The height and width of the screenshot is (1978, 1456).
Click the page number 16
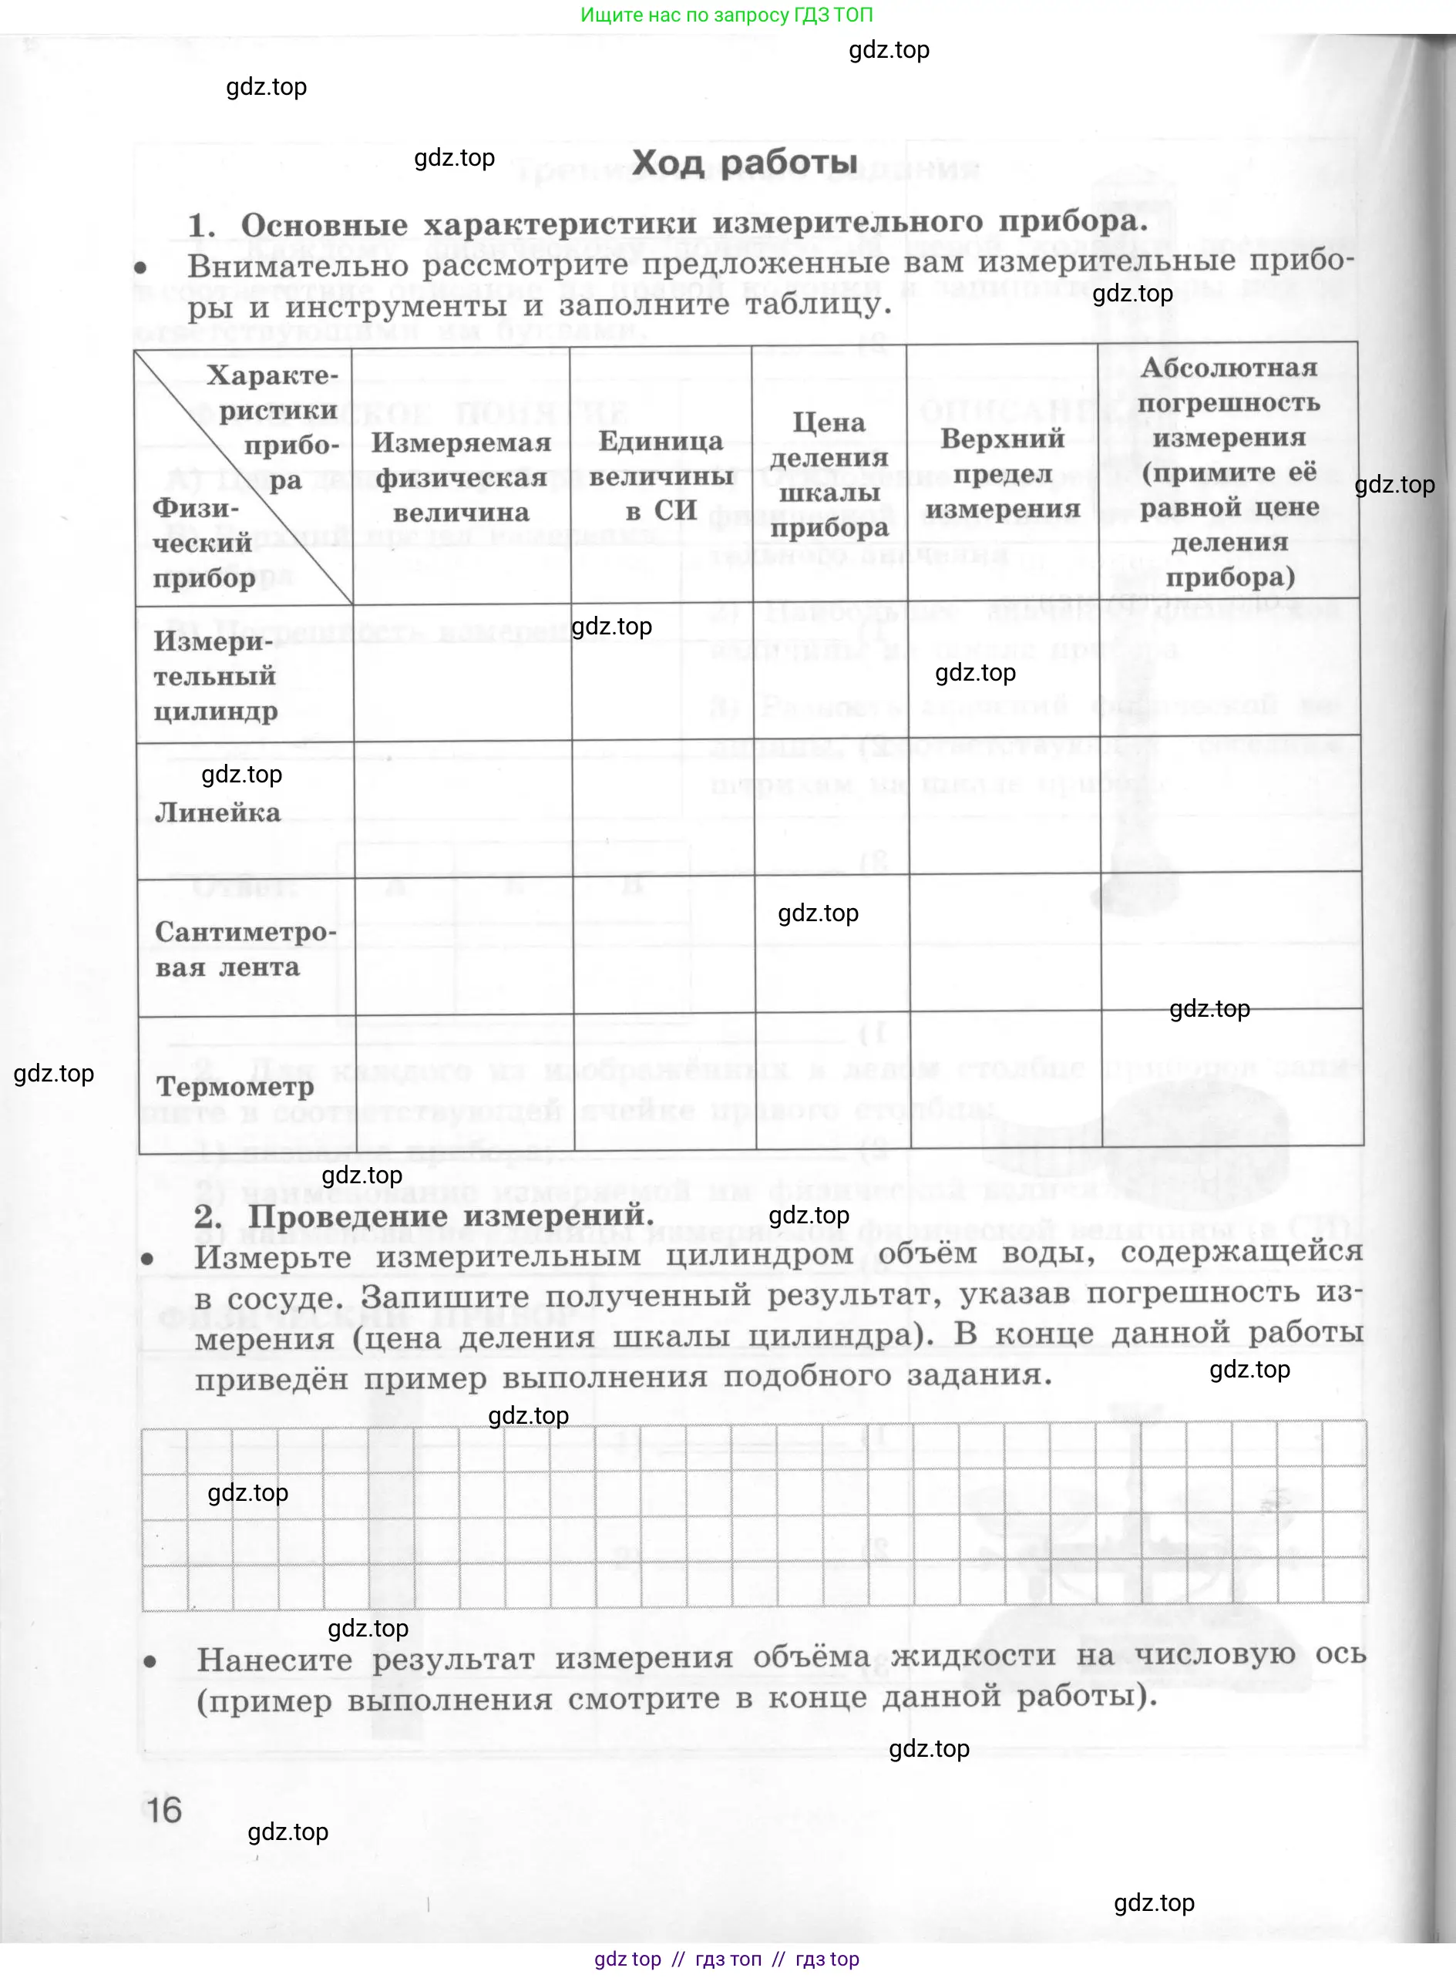pos(164,1810)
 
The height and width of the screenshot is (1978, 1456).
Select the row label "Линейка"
pos(217,812)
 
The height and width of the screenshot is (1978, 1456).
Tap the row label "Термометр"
pos(235,1086)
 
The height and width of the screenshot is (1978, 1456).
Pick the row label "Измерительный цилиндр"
pos(215,676)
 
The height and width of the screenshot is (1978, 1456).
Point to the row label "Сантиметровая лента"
pos(245,950)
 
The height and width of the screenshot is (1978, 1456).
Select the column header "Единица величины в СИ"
pos(661,475)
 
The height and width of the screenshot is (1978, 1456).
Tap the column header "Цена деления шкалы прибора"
pos(829,475)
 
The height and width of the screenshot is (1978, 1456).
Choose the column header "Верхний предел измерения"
pos(1002,473)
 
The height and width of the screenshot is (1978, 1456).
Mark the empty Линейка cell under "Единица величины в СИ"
pos(663,809)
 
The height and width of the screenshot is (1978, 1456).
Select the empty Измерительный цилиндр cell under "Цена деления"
pos(830,671)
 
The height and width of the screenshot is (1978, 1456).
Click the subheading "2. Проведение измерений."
pos(424,1216)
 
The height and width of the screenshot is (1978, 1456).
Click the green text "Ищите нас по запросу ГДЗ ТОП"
pos(727,15)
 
